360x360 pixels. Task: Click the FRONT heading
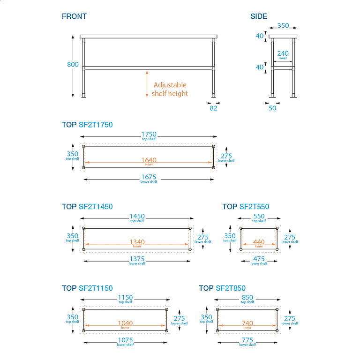[x=74, y=16]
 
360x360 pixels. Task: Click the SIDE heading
[x=259, y=16]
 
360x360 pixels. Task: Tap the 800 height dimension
[x=73, y=64]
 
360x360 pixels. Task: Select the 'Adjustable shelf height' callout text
[x=170, y=89]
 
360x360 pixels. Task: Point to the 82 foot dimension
[x=214, y=108]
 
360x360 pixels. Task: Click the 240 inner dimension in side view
[x=283, y=54]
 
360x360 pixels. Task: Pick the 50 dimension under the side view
[x=272, y=108]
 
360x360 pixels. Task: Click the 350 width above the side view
[x=283, y=26]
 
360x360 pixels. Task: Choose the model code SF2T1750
[x=96, y=125]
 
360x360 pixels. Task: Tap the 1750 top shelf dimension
[x=149, y=135]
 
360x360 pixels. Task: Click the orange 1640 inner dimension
[x=149, y=160]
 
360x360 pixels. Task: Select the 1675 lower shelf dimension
[x=149, y=178]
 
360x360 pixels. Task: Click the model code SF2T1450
[x=96, y=207]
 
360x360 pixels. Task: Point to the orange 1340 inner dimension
[x=137, y=242]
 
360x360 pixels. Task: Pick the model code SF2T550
[x=254, y=207]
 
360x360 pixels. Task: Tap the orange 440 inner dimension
[x=259, y=242]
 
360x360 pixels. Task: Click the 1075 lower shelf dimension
[x=125, y=340]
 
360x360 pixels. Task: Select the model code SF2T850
[x=231, y=288]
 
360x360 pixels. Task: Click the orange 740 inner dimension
[x=247, y=323]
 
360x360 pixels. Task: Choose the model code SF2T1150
[x=96, y=288]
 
